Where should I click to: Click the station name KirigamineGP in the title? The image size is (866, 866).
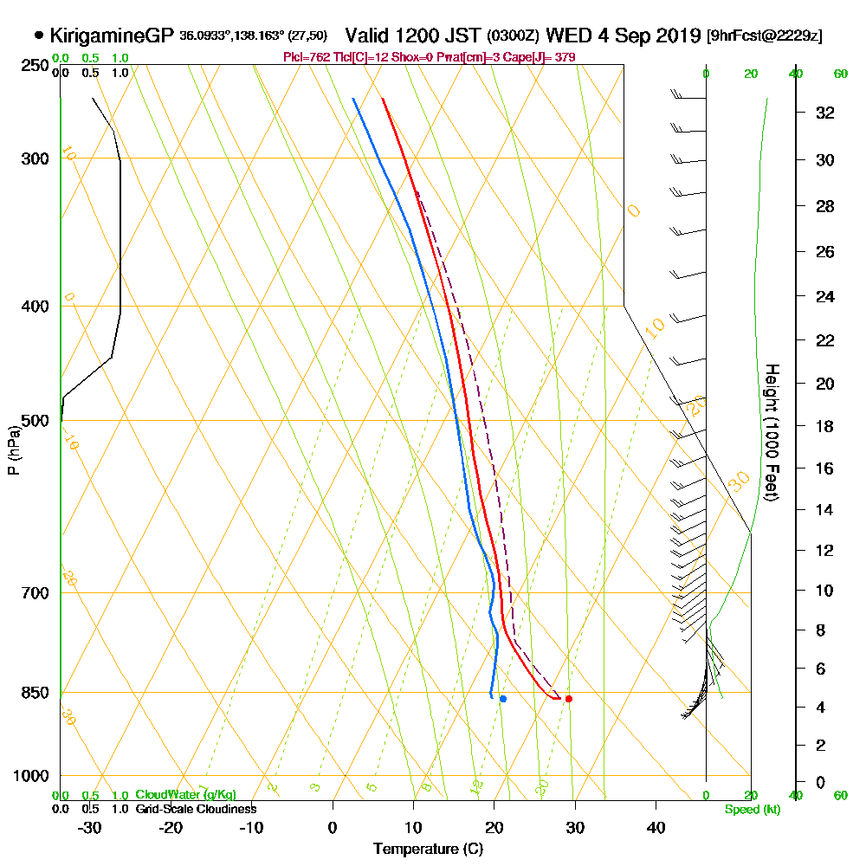pyautogui.click(x=113, y=36)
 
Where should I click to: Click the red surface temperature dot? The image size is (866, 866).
pyautogui.click(x=568, y=698)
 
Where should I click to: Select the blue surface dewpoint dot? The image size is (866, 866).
pyautogui.click(x=502, y=698)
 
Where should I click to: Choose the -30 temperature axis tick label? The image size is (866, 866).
pyautogui.click(x=90, y=827)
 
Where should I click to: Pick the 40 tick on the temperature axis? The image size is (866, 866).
pyautogui.click(x=656, y=827)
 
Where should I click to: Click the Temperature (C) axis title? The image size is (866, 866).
pyautogui.click(x=428, y=850)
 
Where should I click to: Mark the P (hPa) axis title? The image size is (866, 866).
pyautogui.click(x=13, y=449)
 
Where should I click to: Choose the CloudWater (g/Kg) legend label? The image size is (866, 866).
pyautogui.click(x=185, y=794)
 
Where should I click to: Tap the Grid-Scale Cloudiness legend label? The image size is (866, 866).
pyautogui.click(x=195, y=809)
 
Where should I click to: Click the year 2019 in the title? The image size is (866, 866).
pyautogui.click(x=677, y=36)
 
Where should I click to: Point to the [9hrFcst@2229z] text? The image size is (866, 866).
pyautogui.click(x=765, y=36)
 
